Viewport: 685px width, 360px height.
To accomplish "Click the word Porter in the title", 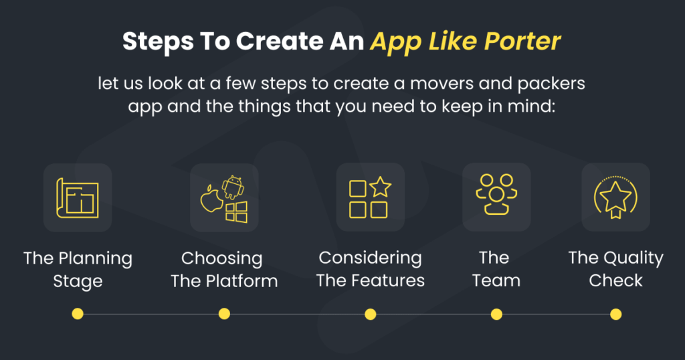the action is pos(522,41).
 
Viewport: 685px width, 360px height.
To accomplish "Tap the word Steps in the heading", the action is pos(158,42).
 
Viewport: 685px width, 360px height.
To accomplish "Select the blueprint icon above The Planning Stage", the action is pos(78,197).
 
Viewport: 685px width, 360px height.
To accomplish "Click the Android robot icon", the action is pos(233,187).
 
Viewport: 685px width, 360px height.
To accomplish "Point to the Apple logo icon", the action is pos(211,199).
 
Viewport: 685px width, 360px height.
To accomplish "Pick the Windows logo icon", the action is pos(236,212).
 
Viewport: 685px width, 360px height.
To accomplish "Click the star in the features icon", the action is pos(380,187).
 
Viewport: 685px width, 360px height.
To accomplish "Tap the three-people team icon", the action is pos(496,195).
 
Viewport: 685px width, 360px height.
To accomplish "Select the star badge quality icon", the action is pos(615,197).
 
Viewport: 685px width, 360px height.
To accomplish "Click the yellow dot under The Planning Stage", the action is pos(78,314).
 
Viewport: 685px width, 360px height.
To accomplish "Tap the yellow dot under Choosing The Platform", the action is pos(224,314).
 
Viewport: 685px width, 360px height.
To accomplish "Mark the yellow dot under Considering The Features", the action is pos(371,314).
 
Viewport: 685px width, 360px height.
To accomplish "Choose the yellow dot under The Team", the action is pos(496,314).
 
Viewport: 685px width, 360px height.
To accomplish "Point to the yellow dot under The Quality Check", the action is pos(615,314).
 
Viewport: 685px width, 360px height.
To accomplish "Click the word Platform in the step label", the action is pos(241,281).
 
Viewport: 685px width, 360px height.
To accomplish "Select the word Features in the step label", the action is pos(389,280).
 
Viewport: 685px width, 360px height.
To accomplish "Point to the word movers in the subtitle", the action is pos(442,84).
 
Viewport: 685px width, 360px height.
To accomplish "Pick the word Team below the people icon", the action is pos(496,280).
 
